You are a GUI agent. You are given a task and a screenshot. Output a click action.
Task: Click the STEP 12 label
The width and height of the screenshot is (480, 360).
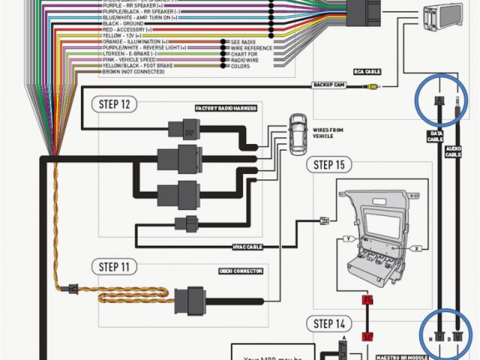(x=114, y=104)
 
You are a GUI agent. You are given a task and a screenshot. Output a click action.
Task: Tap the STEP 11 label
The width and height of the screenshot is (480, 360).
(x=114, y=266)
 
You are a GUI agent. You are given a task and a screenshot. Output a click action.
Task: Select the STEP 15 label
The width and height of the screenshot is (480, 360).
(x=329, y=165)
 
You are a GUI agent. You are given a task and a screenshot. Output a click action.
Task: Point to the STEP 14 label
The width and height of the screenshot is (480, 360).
(x=329, y=324)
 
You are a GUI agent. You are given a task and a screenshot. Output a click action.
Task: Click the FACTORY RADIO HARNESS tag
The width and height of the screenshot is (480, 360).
(x=226, y=108)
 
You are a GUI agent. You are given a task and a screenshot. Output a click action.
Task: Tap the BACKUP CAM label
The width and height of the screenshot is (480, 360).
(x=329, y=86)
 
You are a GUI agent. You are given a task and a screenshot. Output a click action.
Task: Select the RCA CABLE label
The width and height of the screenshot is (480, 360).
(x=367, y=73)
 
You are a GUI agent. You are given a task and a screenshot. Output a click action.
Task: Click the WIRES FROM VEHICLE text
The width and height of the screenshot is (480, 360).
(x=328, y=133)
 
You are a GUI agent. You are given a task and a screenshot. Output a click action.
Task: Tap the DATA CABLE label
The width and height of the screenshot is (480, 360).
(x=436, y=136)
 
